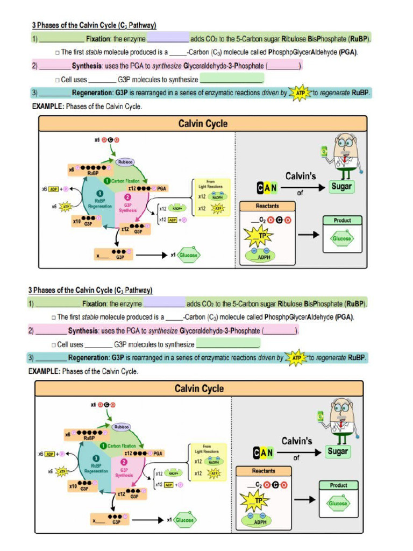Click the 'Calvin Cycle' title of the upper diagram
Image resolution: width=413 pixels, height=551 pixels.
(x=203, y=124)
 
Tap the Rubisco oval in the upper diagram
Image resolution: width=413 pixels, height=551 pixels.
(x=125, y=161)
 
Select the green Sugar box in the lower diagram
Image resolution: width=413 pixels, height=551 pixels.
(x=338, y=451)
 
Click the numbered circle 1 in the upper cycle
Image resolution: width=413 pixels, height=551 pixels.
(x=106, y=181)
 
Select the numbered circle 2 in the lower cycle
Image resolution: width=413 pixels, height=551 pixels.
(x=124, y=462)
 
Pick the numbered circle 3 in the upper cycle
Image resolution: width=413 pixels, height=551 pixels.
(x=99, y=193)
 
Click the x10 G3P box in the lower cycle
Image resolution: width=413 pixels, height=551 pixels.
(x=85, y=486)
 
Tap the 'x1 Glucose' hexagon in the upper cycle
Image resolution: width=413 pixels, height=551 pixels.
(x=188, y=256)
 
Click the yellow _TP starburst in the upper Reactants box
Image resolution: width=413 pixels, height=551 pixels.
(x=258, y=235)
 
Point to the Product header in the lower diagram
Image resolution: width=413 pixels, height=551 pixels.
(x=338, y=485)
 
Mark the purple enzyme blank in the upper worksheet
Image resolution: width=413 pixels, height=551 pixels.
(x=168, y=39)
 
